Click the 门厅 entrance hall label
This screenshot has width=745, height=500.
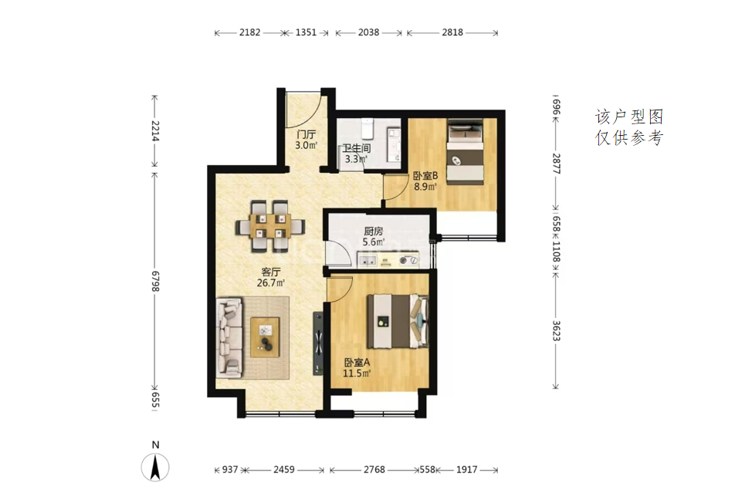point(306,134)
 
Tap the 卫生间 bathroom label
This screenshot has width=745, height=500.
point(357,149)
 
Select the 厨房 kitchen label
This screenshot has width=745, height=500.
point(374,231)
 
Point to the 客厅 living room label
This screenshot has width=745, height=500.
point(271,272)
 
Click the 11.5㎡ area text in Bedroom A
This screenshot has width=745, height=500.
point(357,373)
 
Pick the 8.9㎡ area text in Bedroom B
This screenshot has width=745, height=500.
point(425,187)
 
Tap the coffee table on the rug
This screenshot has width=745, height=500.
point(265,336)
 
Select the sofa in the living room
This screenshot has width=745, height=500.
point(229,338)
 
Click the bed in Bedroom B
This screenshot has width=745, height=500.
point(466,151)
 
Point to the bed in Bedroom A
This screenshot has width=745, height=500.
point(398,321)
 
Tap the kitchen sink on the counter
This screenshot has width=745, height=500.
point(367,260)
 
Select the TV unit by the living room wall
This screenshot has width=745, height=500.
point(318,343)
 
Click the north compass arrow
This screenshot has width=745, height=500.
point(155,468)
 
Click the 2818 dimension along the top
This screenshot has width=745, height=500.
point(452,32)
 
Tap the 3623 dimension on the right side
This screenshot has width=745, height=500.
point(556,331)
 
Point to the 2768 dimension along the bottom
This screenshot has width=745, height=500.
point(374,470)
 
